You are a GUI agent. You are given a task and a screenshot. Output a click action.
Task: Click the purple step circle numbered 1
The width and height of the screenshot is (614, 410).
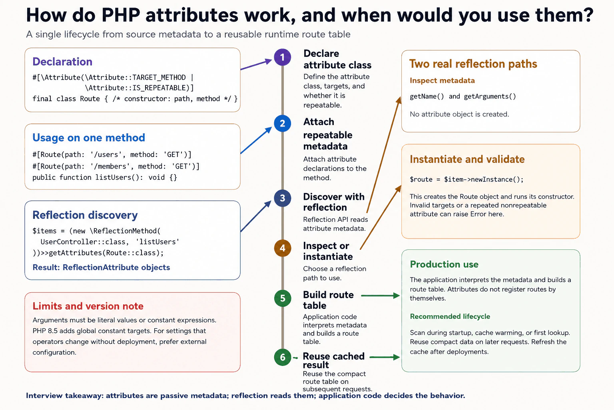coord(283,57)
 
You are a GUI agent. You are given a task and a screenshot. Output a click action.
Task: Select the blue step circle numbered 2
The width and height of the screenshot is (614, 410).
coord(283,123)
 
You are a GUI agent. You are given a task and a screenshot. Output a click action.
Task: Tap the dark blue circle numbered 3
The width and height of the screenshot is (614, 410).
coord(283,198)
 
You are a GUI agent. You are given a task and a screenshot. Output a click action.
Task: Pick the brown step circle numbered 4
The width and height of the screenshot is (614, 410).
coord(283,248)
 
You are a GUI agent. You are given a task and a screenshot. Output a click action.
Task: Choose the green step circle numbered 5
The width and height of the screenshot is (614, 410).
coord(283,298)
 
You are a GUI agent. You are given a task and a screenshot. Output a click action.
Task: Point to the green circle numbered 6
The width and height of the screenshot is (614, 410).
coord(283,357)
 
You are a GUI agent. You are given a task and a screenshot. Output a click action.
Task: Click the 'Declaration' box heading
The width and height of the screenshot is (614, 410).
coord(62,62)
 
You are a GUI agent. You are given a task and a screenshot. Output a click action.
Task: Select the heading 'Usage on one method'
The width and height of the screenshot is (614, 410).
coord(88,138)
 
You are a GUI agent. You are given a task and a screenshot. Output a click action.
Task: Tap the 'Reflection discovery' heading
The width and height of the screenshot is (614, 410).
coord(85,215)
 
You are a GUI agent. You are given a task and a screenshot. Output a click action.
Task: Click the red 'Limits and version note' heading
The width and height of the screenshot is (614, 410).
coord(88,306)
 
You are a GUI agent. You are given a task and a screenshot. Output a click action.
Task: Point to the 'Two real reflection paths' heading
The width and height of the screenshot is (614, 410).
coord(473,64)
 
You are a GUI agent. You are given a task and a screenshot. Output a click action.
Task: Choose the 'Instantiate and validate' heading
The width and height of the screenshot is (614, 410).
coord(467,159)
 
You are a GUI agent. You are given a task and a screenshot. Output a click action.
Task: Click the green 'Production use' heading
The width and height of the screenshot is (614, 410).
coord(444,264)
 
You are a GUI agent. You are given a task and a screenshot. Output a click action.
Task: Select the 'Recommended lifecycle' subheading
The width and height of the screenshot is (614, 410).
coord(450,316)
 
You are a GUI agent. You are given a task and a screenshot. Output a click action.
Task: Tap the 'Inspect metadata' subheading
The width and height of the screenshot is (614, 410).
coord(442,80)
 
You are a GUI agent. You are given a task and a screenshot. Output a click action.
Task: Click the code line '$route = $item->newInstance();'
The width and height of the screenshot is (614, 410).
coord(466,179)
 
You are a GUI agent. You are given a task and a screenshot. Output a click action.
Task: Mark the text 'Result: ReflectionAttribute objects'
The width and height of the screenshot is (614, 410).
coord(101,267)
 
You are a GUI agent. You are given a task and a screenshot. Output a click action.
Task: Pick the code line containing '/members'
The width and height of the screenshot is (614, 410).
coord(116,166)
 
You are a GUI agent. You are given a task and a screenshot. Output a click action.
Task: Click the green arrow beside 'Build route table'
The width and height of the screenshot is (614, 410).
coord(381,295)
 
